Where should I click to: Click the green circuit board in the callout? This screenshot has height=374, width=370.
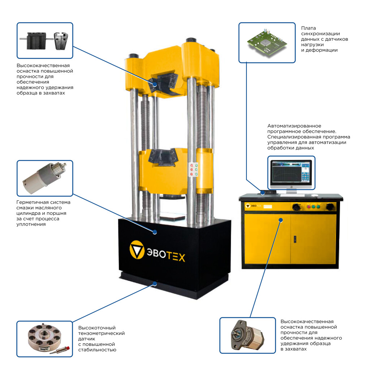[267, 43]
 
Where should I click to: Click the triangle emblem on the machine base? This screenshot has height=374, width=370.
[137, 250]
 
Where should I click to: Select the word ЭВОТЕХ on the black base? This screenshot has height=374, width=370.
[166, 255]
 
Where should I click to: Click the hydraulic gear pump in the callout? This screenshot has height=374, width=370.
[247, 335]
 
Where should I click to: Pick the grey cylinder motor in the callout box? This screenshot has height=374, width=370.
[44, 178]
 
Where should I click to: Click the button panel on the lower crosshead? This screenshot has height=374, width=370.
[194, 169]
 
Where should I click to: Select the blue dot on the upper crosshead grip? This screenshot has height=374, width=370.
[155, 84]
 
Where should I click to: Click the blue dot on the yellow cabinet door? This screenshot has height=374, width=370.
[281, 220]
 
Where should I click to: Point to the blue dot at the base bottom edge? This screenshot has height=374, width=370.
[155, 284]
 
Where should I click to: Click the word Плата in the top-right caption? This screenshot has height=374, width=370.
[309, 28]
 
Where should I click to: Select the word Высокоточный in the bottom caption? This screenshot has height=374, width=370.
[97, 328]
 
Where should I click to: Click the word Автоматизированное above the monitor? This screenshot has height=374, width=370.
[294, 126]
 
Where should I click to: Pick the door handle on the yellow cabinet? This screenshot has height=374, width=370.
[295, 239]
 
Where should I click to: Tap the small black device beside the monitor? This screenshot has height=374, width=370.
[268, 192]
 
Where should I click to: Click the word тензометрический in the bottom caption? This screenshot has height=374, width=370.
[102, 334]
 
